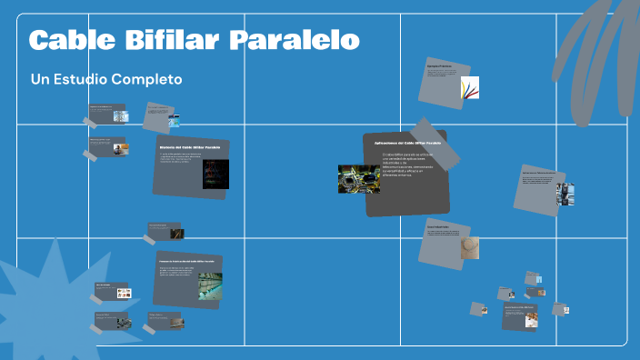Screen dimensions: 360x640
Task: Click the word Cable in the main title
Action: coord(67,41)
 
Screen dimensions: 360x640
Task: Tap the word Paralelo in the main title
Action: coord(294,41)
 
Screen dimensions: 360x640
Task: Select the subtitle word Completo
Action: coord(148,79)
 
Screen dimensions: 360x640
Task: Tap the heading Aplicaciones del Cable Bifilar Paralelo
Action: coord(407,144)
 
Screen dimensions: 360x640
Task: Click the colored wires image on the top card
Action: coord(469,88)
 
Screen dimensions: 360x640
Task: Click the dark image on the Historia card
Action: coord(215,174)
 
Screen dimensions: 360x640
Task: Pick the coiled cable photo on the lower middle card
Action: coord(470,247)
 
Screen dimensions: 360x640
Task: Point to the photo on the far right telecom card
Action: coord(565,194)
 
